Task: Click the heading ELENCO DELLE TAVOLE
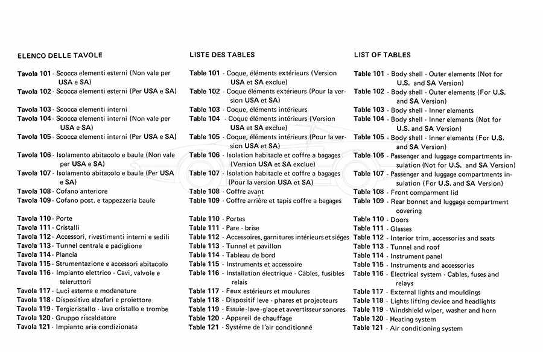[x=60, y=55]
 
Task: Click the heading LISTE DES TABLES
[x=222, y=55]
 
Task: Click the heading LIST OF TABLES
[x=382, y=55]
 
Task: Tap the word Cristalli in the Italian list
[x=68, y=227]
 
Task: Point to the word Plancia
[x=66, y=254]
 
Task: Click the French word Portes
[x=235, y=218]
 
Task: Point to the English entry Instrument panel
[x=416, y=256]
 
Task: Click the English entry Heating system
[x=413, y=319]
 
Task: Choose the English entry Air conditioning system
[x=427, y=329]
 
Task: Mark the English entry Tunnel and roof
[x=415, y=247]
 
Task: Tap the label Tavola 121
[x=34, y=327]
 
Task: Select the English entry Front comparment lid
[x=424, y=192]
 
